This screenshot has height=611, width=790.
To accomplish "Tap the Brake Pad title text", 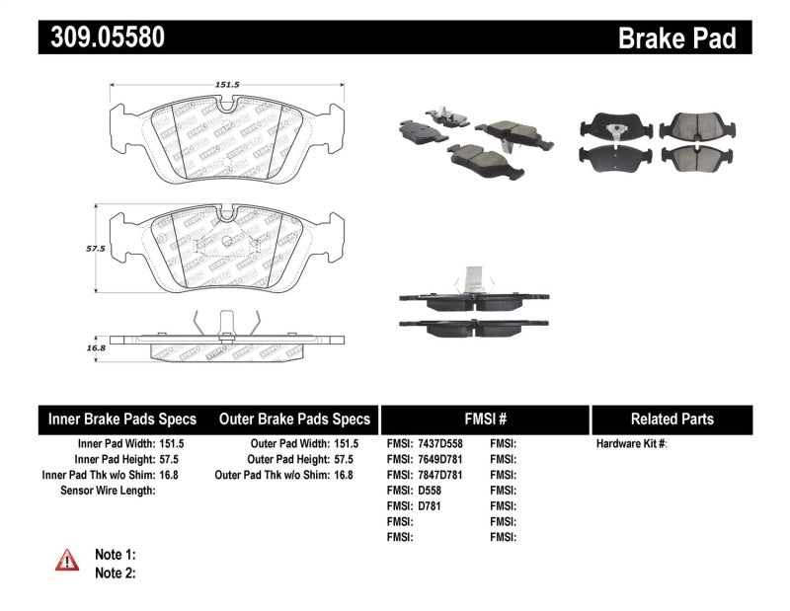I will click(x=676, y=38).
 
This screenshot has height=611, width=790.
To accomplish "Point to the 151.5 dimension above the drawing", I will click(x=228, y=85).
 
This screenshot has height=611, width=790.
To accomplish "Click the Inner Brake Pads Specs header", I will click(x=122, y=419).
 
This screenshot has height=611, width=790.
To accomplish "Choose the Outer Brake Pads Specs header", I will click(x=294, y=419).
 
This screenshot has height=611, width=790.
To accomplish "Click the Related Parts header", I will click(x=671, y=419).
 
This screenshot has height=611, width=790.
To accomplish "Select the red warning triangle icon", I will click(x=67, y=560).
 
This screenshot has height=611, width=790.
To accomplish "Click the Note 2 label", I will click(x=115, y=573).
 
